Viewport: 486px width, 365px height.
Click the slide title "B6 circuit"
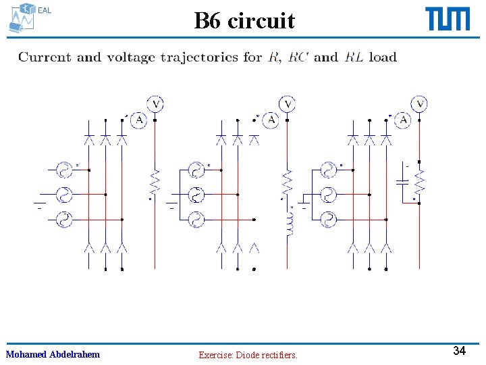(244, 21)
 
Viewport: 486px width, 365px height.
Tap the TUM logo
(448, 19)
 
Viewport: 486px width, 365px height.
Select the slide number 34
(459, 351)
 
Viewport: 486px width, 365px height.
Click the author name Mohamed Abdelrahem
(53, 354)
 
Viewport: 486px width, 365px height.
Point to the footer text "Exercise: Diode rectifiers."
(248, 355)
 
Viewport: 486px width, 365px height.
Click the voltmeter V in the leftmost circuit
(156, 104)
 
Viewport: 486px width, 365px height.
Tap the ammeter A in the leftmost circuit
(139, 120)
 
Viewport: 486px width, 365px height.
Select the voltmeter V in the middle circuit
(288, 104)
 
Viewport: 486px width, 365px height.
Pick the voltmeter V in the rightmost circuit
(421, 104)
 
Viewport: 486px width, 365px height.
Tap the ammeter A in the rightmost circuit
(404, 120)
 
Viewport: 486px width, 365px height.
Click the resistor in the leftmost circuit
(156, 182)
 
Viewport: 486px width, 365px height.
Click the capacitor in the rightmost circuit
(403, 182)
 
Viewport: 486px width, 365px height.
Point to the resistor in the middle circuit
(288, 182)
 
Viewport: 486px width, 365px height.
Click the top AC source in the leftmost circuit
(64, 170)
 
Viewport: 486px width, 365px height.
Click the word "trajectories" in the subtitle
(201, 57)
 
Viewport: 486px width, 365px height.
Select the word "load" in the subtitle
(383, 57)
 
